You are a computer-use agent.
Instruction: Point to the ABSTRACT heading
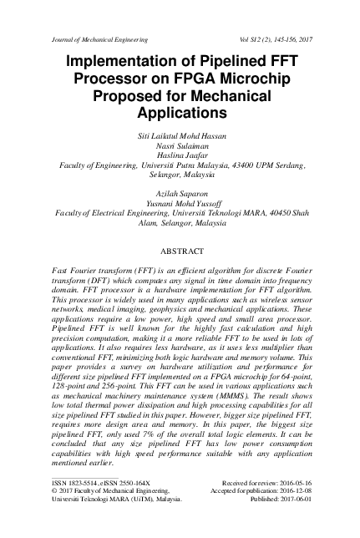coord(180,251)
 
